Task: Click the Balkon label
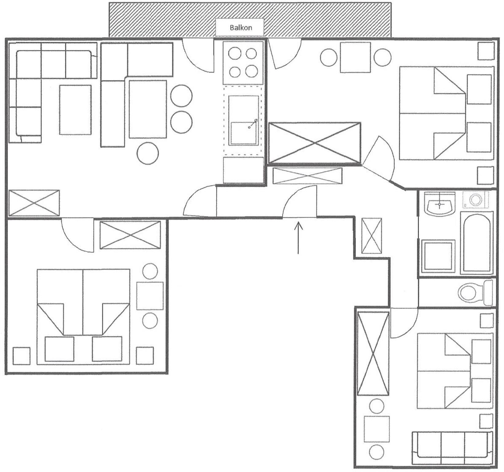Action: tap(241, 28)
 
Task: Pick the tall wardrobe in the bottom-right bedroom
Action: tap(373, 353)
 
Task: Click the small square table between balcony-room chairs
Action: tap(355, 57)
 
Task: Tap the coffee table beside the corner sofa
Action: tap(76, 110)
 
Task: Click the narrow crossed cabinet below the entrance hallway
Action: tap(372, 236)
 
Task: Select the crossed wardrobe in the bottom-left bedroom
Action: tap(130, 235)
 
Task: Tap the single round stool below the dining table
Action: tap(148, 153)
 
